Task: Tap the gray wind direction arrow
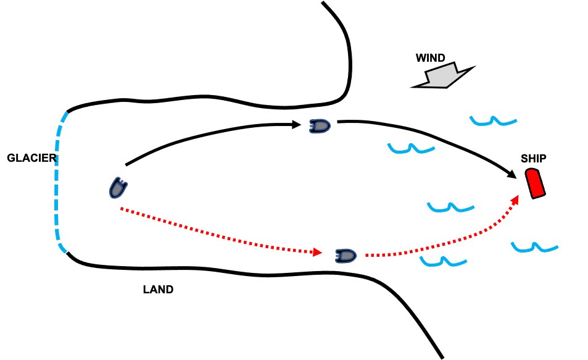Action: (442, 76)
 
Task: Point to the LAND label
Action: (158, 289)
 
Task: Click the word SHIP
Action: (533, 159)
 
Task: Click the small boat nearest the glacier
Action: (116, 187)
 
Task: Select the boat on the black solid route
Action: (320, 126)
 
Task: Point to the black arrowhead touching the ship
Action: (512, 175)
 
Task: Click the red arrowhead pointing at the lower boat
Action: (318, 252)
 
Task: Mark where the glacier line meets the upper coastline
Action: (67, 112)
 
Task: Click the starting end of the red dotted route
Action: (121, 208)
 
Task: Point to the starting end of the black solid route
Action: (126, 165)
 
